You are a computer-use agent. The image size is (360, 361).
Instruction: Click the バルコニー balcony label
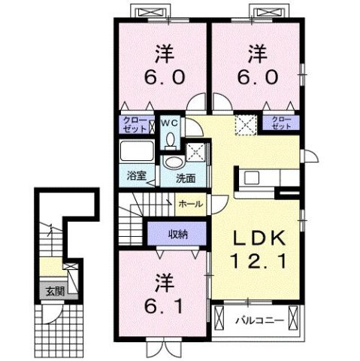click(x=260, y=320)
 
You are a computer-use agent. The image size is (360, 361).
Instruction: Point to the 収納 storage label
click(x=177, y=234)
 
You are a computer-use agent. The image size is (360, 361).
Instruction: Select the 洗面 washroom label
click(x=186, y=178)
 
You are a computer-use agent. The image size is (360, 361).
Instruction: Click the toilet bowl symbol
click(x=171, y=140)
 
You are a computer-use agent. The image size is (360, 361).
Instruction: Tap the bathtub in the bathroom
click(x=138, y=153)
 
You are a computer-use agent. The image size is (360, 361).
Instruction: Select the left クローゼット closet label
click(x=135, y=124)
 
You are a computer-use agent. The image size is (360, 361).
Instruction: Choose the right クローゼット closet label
click(x=281, y=123)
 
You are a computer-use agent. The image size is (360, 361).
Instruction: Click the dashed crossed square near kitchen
click(x=245, y=124)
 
